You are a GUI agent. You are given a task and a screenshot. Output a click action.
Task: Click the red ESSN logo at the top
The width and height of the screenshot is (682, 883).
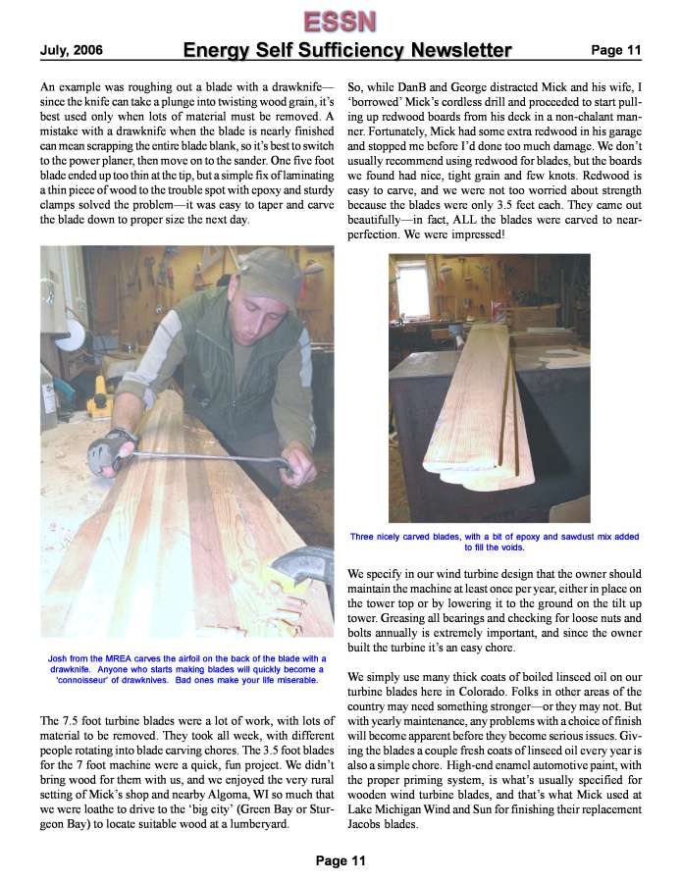coord(341,20)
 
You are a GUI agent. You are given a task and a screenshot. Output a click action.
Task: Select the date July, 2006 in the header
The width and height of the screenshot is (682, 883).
coord(71,50)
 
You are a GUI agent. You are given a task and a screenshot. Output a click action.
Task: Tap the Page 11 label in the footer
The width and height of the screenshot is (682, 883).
coord(341,860)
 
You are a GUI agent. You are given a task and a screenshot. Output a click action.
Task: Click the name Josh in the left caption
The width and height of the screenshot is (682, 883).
coord(61,658)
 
